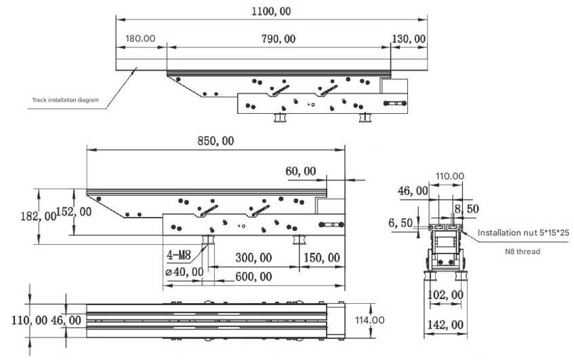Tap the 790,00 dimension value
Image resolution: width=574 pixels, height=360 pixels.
tap(278, 39)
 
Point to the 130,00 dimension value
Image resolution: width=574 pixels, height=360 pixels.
tap(409, 39)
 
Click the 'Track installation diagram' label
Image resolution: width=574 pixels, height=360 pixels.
tap(66, 100)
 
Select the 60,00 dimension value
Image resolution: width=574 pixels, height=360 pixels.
tap(300, 172)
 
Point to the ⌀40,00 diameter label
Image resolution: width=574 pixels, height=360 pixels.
tap(184, 271)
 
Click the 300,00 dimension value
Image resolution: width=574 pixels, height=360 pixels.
tap(254, 258)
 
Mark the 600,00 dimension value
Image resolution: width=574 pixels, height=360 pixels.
tap(254, 277)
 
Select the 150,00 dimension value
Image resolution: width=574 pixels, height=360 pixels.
tap(322, 258)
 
